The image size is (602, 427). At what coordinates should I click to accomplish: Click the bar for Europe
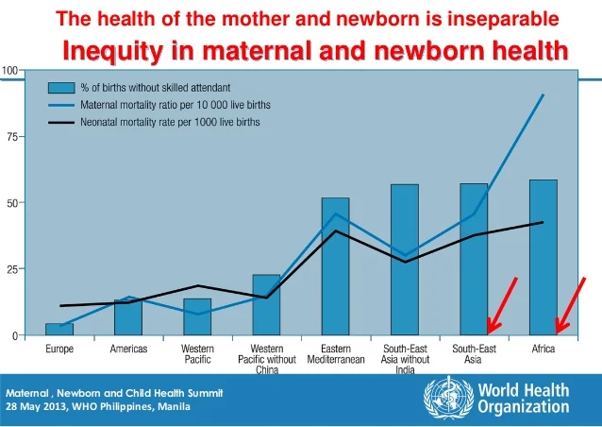pos(59,329)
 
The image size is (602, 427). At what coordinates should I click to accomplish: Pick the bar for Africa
pos(543,257)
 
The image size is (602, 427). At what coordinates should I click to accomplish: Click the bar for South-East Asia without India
pos(404,260)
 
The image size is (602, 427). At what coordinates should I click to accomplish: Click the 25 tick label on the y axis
pos(11,269)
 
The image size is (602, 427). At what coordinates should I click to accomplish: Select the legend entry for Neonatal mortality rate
pos(170,123)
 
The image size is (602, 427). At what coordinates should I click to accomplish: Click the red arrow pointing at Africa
pos(570,305)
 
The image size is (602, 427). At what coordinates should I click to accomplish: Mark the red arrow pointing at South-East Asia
pos(502,305)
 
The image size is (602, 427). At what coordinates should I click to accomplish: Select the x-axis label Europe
pos(59,350)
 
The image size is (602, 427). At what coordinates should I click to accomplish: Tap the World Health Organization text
pos(523,399)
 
